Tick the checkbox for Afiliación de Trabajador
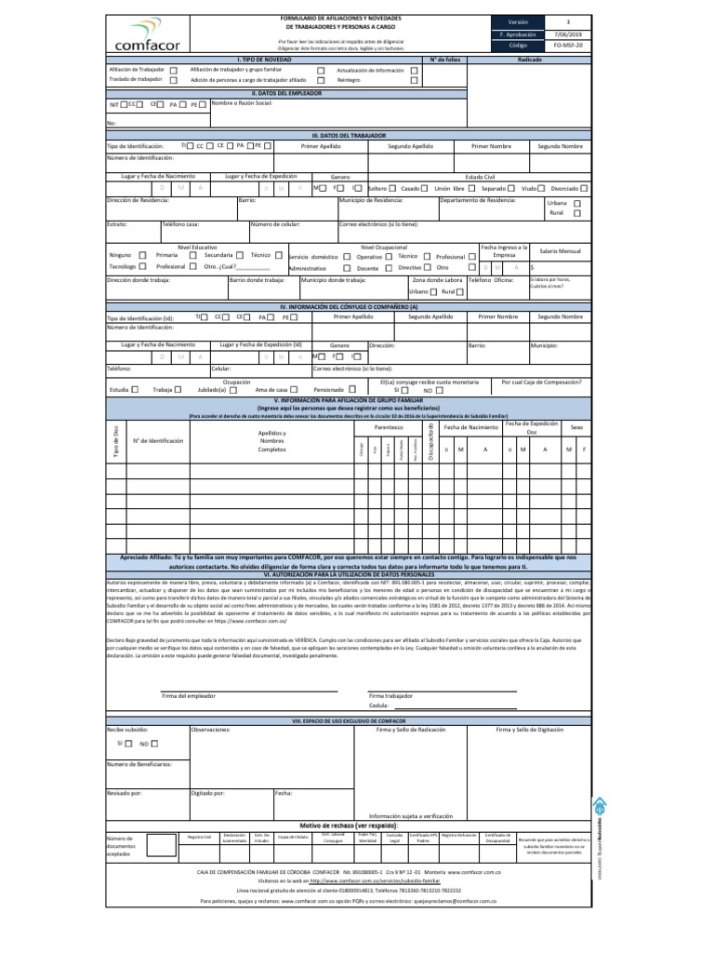click(x=173, y=70)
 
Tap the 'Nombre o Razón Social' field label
click(x=241, y=103)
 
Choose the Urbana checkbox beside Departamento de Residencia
click(x=577, y=203)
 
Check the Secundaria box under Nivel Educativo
click(x=240, y=255)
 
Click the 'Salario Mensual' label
click(x=560, y=251)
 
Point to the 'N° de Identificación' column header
click(x=159, y=440)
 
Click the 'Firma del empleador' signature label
click(x=189, y=695)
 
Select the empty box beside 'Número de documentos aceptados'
click(x=162, y=844)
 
